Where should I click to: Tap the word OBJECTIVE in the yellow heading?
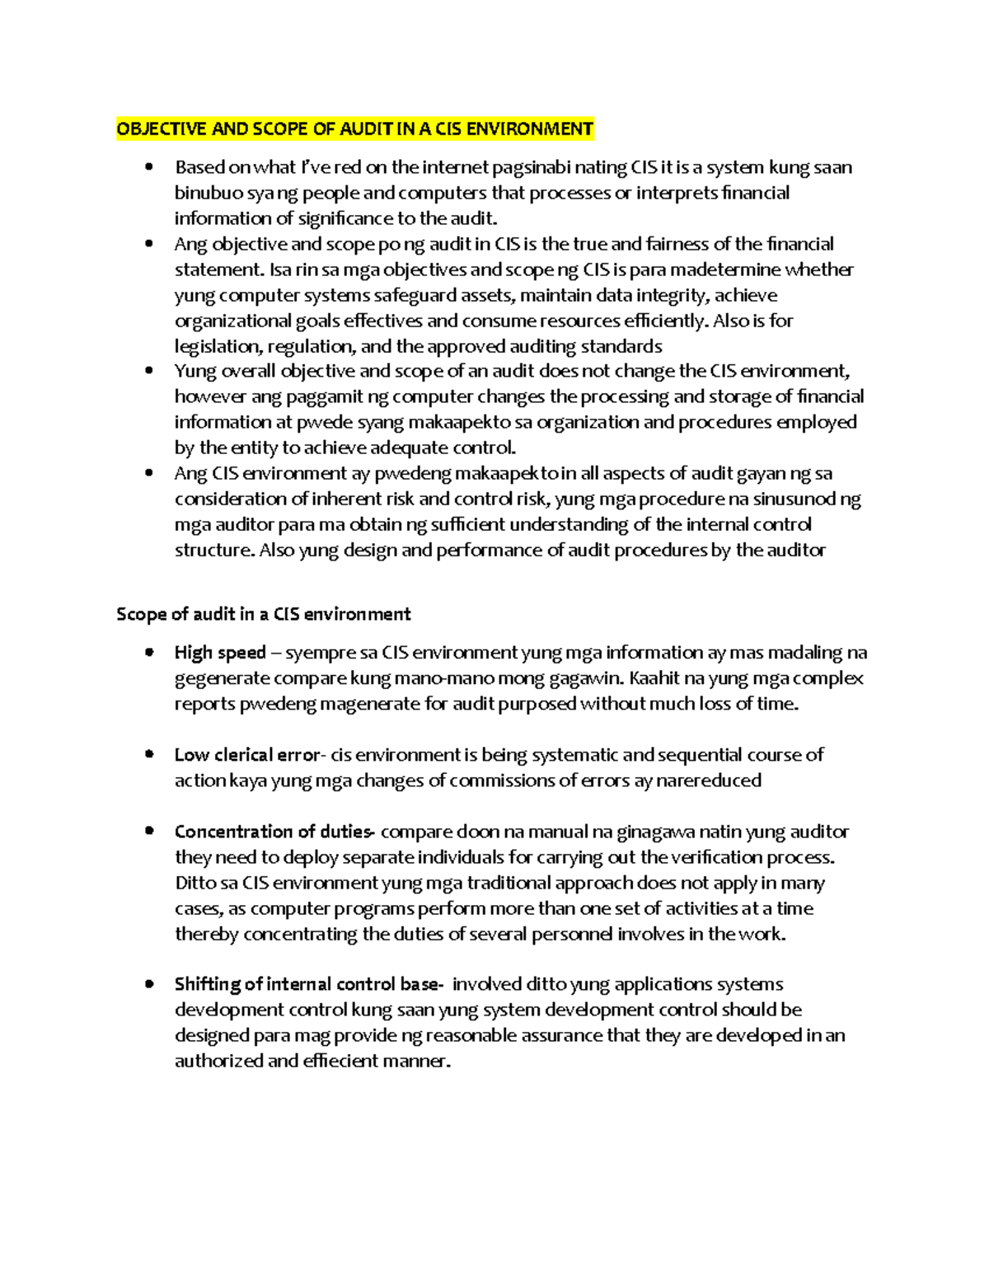tap(157, 129)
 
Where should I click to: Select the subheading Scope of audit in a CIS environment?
tap(264, 614)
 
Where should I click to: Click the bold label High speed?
tap(220, 653)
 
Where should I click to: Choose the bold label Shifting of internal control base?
tap(309, 985)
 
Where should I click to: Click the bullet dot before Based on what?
tap(148, 167)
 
